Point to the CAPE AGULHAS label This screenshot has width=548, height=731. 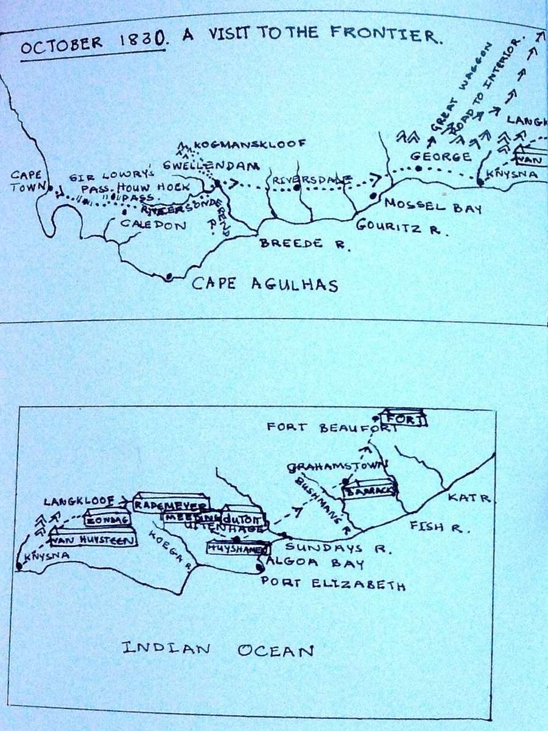[265, 284]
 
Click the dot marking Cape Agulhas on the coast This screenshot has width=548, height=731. [169, 277]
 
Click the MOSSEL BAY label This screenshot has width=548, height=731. [432, 207]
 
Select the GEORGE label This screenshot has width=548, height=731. [440, 157]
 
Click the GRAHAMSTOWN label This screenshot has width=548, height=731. [337, 467]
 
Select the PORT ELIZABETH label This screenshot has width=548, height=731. [333, 584]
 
